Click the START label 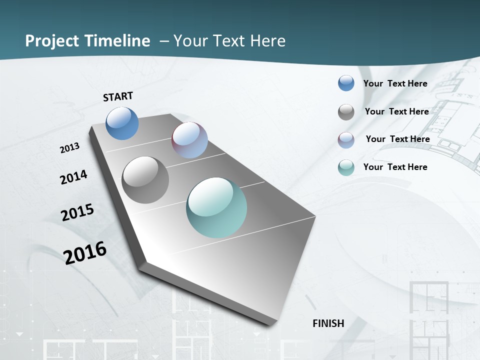click(118, 96)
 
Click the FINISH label click(328, 323)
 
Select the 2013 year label click(70, 148)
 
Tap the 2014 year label click(74, 177)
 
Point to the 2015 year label click(77, 212)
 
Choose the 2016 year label click(85, 252)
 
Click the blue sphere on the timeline click(122, 123)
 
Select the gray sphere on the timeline click(145, 180)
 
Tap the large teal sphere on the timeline click(216, 207)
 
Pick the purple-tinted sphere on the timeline click(189, 140)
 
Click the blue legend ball click(346, 83)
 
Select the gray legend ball click(346, 112)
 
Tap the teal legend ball click(346, 167)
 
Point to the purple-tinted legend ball click(346, 140)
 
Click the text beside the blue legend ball click(395, 83)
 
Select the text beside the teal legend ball click(395, 167)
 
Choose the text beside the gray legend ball click(396, 111)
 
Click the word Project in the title click(52, 41)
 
